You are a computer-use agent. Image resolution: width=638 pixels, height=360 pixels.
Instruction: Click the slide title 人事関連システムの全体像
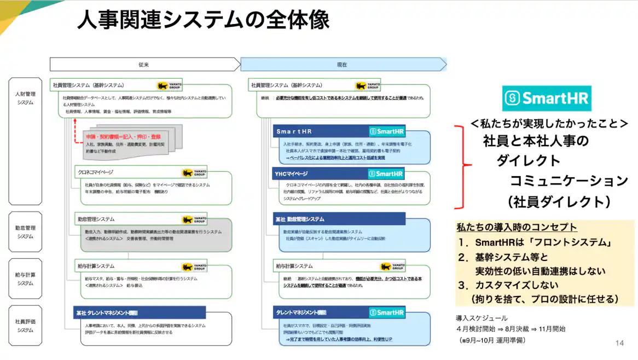[203, 21]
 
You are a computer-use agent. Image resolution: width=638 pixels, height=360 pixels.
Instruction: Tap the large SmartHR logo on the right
[546, 98]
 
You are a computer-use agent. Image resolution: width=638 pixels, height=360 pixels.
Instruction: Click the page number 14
[619, 343]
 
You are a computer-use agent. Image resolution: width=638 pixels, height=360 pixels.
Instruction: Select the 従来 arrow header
[143, 65]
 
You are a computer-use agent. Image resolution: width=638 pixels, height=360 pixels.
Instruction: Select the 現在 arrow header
[342, 65]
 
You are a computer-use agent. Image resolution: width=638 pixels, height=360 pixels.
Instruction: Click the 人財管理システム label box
[25, 98]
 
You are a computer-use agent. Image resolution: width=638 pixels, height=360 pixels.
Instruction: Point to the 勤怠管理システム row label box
[25, 232]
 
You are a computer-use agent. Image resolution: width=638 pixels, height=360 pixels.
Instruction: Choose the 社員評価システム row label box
[25, 326]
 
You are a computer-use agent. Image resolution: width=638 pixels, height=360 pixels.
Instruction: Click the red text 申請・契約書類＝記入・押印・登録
[123, 136]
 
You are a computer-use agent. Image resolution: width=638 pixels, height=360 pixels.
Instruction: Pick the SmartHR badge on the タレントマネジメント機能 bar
[386, 312]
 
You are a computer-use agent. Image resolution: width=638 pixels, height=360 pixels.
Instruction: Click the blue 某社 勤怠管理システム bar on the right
[339, 219]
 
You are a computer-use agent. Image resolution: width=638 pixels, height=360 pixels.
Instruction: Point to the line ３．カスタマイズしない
[508, 285]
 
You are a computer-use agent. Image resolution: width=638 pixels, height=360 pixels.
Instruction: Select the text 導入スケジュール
[482, 318]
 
